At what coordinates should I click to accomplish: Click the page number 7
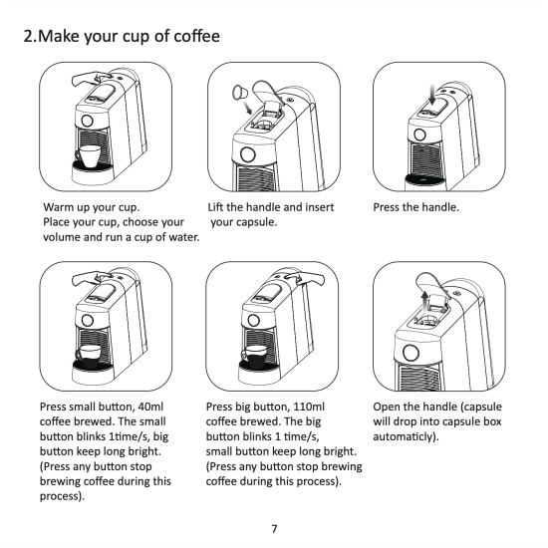click(x=274, y=529)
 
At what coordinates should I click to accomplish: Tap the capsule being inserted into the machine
click(x=240, y=93)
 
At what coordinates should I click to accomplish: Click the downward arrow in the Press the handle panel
click(x=432, y=95)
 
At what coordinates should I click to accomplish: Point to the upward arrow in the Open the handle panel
click(x=424, y=302)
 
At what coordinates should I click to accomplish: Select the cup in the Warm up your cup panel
click(x=88, y=155)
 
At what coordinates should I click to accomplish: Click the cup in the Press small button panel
click(x=88, y=357)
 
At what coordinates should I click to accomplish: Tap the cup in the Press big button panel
click(x=254, y=357)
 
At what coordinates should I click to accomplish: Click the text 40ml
click(x=150, y=407)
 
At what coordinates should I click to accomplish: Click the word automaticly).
click(x=406, y=436)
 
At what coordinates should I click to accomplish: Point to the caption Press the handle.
click(x=415, y=207)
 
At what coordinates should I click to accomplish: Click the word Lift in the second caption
click(x=215, y=207)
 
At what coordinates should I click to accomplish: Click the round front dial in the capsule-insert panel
click(x=248, y=154)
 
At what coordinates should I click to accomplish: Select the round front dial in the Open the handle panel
click(x=411, y=353)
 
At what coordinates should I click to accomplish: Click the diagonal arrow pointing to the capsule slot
click(x=247, y=108)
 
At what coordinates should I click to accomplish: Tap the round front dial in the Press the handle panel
click(x=419, y=135)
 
